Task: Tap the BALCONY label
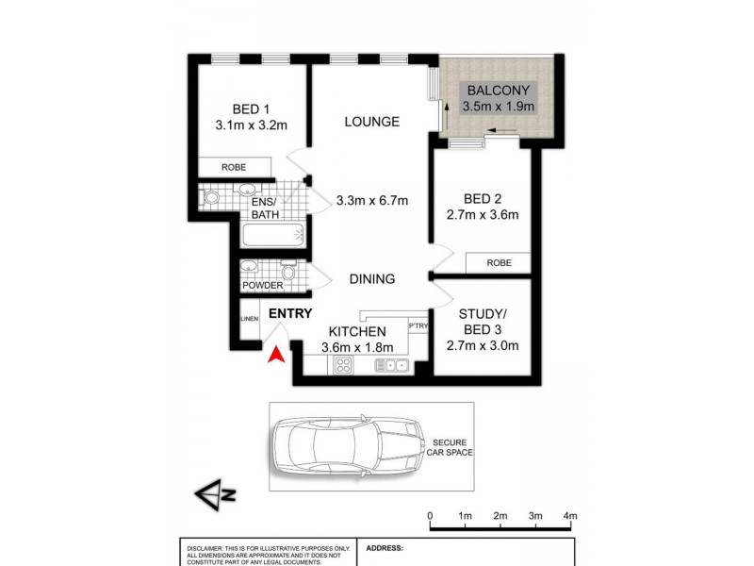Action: (499, 91)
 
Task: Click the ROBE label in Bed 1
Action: (234, 167)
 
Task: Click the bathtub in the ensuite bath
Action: (270, 235)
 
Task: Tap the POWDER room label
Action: (262, 286)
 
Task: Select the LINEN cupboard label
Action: (249, 320)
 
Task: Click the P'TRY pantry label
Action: (418, 325)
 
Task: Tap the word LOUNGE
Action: (371, 122)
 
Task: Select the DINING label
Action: (371, 279)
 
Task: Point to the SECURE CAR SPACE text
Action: (452, 448)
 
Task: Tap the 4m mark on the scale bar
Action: (569, 517)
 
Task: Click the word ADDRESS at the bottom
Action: (384, 547)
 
